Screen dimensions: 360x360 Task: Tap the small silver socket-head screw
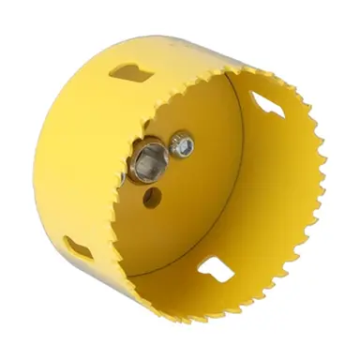tap(183, 145)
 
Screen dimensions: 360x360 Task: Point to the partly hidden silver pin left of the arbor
tap(125, 173)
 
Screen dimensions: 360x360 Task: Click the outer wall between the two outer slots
tap(70, 159)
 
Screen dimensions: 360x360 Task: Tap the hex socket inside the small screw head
tap(184, 145)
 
